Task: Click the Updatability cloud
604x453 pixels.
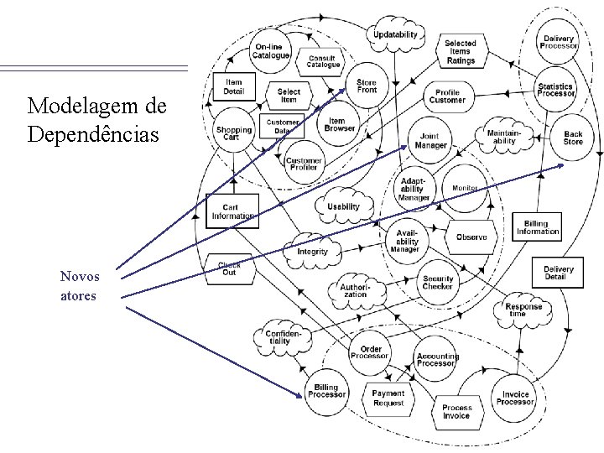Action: [x=394, y=35]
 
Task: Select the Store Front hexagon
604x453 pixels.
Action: [x=367, y=86]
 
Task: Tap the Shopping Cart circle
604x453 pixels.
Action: [x=233, y=134]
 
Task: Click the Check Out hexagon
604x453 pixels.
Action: [x=230, y=267]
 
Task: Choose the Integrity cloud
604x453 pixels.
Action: [x=312, y=251]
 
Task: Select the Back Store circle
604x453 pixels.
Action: [x=573, y=138]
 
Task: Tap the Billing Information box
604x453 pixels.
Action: [x=536, y=226]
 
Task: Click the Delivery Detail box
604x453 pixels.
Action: [x=559, y=273]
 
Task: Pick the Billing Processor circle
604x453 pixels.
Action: [x=326, y=390]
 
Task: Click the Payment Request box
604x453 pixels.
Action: [x=388, y=398]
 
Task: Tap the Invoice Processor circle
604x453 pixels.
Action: [x=516, y=398]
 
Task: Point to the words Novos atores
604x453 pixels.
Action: [x=80, y=286]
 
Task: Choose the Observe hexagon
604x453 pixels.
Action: [x=471, y=237]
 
